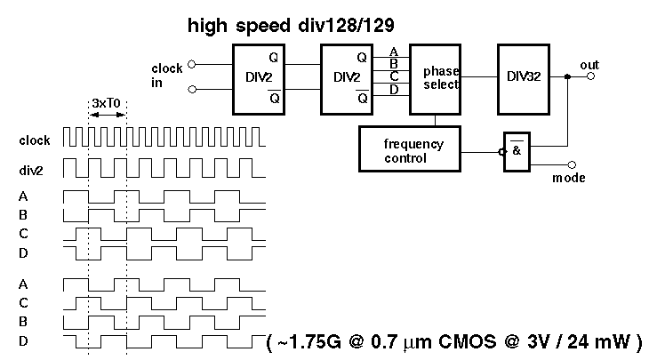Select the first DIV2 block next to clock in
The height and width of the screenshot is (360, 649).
pyautogui.click(x=262, y=78)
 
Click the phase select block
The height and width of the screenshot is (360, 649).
pyautogui.click(x=440, y=78)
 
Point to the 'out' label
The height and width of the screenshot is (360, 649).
pyautogui.click(x=589, y=66)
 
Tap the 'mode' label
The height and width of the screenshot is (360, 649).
pyautogui.click(x=569, y=178)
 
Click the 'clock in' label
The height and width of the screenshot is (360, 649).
pyautogui.click(x=167, y=76)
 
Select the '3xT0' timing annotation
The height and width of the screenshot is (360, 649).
pyautogui.click(x=108, y=103)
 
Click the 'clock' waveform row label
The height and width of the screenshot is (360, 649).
pyautogui.click(x=35, y=140)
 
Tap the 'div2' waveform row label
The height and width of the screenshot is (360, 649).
pyautogui.click(x=32, y=168)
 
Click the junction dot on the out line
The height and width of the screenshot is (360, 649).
pyautogui.click(x=566, y=77)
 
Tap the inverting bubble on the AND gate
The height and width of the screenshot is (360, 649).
pyautogui.click(x=502, y=151)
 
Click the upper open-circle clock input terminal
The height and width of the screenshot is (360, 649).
pyautogui.click(x=190, y=64)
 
